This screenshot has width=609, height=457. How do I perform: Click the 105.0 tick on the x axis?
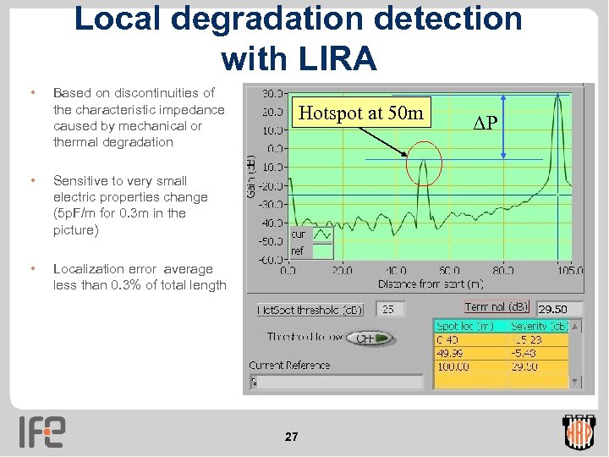pos(569,272)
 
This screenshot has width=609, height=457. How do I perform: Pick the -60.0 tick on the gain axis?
pos(272,259)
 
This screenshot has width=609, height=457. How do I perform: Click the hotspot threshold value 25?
pos(391,310)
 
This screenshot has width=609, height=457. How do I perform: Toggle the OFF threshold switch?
pos(372,338)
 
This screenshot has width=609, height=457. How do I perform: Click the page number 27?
pos(291,437)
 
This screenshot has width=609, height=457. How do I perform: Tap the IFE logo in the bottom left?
pos(41,432)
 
